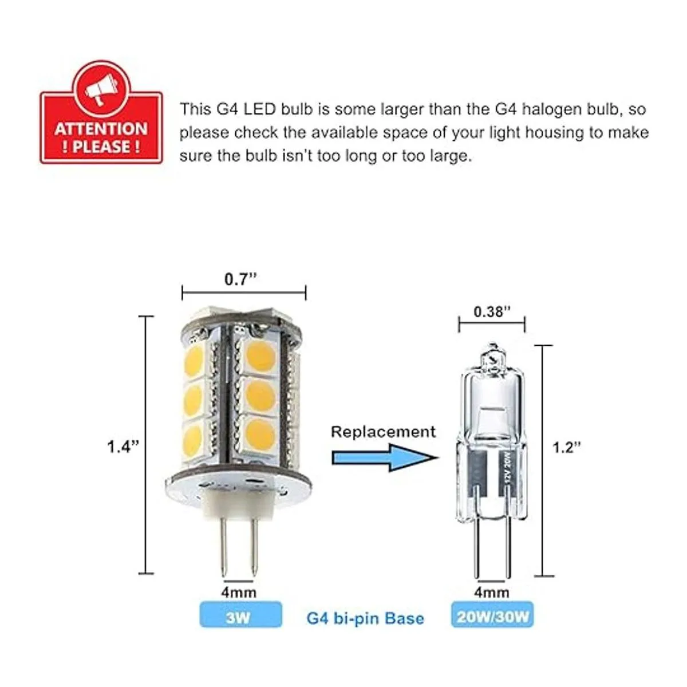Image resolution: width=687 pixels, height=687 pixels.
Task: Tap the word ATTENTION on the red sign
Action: (101, 129)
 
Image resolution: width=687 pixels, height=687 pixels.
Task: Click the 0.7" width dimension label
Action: (240, 279)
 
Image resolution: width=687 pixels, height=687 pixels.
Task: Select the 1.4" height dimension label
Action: (123, 447)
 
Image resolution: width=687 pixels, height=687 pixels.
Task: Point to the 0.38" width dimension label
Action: (492, 311)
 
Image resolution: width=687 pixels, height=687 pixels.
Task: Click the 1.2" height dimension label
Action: (567, 447)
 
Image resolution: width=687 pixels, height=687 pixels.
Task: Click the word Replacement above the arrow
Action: (383, 432)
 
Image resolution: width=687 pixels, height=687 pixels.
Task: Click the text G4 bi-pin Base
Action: (365, 618)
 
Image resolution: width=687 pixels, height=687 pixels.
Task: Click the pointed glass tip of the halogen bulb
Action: (492, 346)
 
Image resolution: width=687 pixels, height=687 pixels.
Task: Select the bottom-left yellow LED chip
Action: (193, 437)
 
